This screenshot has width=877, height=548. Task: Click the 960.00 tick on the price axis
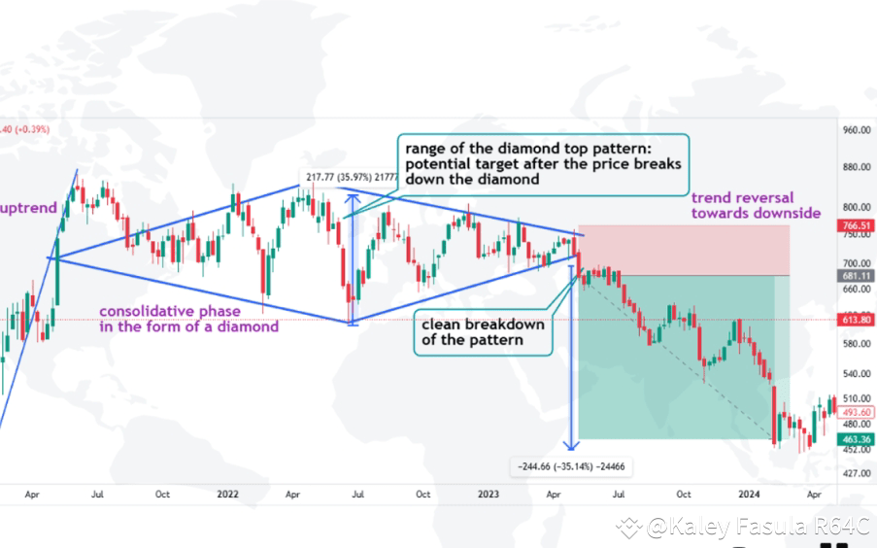point(857,130)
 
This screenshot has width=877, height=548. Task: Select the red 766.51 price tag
point(857,224)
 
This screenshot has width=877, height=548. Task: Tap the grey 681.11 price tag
point(857,275)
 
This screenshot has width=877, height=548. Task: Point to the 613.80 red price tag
point(857,320)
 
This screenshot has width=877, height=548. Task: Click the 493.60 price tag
point(857,412)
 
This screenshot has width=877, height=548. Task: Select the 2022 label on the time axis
point(227,494)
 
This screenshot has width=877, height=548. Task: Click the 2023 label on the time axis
point(489,494)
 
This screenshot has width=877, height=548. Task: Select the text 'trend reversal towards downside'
point(755,205)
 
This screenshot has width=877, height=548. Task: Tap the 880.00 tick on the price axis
point(857,167)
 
